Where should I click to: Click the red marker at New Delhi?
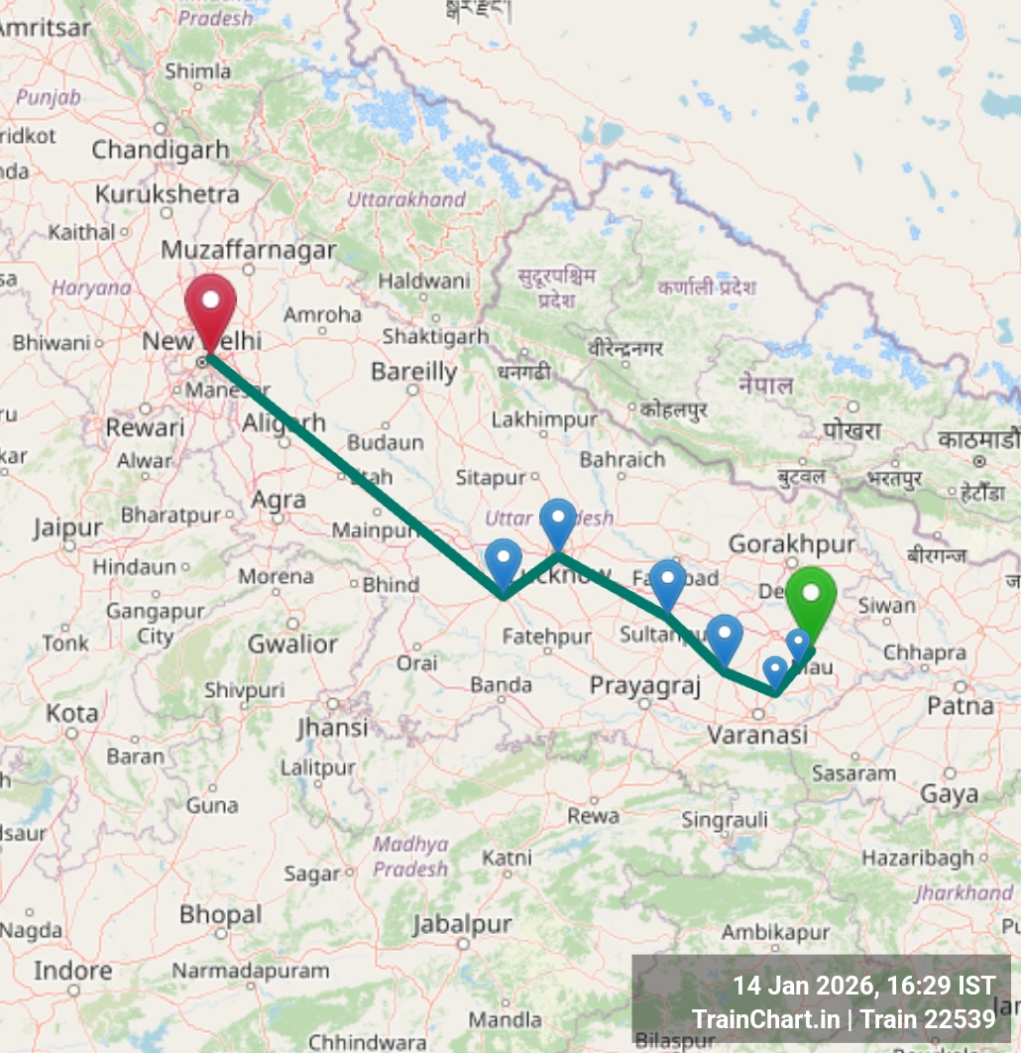pyautogui.click(x=210, y=303)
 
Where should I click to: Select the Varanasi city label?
pyautogui.click(x=756, y=735)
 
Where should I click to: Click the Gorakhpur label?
pyautogui.click(x=791, y=543)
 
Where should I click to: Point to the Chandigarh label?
pyautogui.click(x=161, y=151)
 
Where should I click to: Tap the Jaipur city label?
pyautogui.click(x=67, y=527)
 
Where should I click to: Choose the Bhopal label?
pyautogui.click(x=221, y=913)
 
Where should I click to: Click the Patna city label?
pyautogui.click(x=961, y=706)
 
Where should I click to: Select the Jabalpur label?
pyautogui.click(x=462, y=924)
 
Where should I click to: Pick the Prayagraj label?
pyautogui.click(x=645, y=685)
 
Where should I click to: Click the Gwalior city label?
pyautogui.click(x=292, y=643)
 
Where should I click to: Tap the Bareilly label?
pyautogui.click(x=414, y=372)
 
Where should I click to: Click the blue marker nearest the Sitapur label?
pyautogui.click(x=557, y=521)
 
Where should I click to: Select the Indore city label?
pyautogui.click(x=72, y=970)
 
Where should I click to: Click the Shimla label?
pyautogui.click(x=198, y=71)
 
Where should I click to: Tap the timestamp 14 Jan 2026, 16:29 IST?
pyautogui.click(x=862, y=987)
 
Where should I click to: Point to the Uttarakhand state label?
pyautogui.click(x=405, y=199)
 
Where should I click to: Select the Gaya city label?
pyautogui.click(x=949, y=793)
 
